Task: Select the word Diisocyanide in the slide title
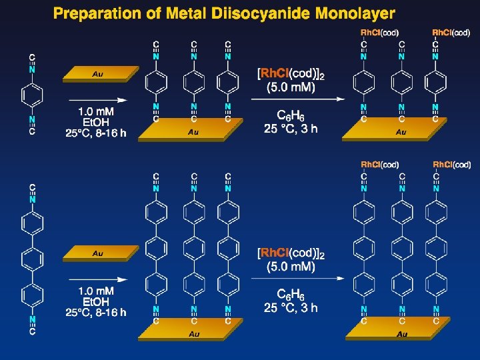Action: tap(242, 13)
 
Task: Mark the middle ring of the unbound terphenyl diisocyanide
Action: tap(33, 256)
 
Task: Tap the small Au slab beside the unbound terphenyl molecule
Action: tap(100, 253)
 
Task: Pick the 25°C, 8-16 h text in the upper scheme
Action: tap(95, 133)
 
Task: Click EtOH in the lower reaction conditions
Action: tap(95, 301)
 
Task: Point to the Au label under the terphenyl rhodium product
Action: tap(401, 334)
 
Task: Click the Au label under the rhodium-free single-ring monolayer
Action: tap(193, 133)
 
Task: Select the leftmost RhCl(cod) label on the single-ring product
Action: tap(379, 32)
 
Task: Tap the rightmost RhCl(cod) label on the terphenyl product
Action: tap(452, 165)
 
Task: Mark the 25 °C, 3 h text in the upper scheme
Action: tap(291, 129)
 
